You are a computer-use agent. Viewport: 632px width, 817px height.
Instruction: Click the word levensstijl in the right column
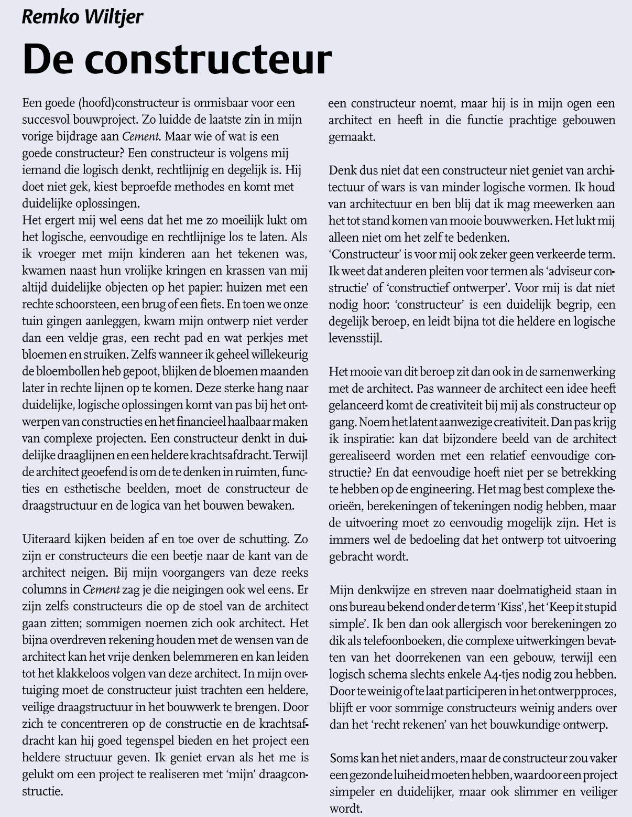coord(355,338)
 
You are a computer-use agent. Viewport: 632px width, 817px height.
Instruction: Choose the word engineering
coord(444,489)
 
